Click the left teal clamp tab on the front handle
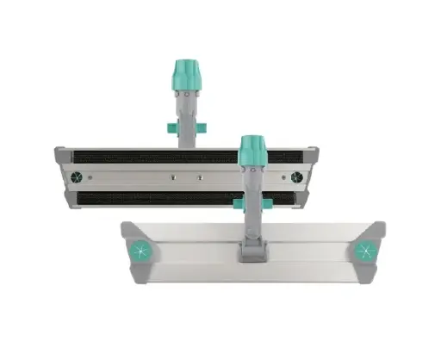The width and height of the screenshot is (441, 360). click(238, 202)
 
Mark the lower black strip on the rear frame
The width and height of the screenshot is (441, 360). click(146, 198)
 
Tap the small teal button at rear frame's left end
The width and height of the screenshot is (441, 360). click(74, 178)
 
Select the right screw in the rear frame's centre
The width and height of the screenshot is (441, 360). click(199, 178)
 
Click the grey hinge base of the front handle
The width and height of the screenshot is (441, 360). click(253, 252)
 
